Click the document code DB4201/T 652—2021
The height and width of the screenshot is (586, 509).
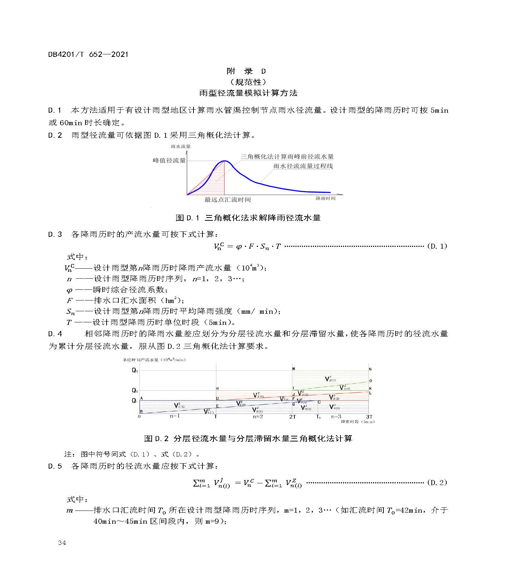click(x=88, y=54)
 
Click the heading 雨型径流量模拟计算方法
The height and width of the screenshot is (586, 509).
click(x=248, y=93)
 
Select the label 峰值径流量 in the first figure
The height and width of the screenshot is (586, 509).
click(x=169, y=160)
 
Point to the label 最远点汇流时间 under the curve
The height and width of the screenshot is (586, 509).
click(x=227, y=200)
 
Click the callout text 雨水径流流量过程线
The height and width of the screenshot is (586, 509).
click(x=303, y=166)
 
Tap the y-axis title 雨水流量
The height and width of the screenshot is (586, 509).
click(x=181, y=146)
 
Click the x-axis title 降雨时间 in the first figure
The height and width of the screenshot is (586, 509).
click(x=326, y=198)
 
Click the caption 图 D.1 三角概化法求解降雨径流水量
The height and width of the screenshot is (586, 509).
click(x=248, y=218)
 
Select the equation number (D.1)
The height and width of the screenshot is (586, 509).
click(x=437, y=246)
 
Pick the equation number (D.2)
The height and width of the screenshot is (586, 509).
click(x=437, y=483)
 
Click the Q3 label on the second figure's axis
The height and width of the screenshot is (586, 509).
click(x=134, y=371)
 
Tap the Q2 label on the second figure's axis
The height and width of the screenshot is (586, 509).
click(x=134, y=390)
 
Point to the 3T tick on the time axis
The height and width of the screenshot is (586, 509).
click(x=369, y=417)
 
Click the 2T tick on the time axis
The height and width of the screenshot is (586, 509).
click(x=293, y=417)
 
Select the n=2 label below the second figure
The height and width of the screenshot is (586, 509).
click(x=258, y=416)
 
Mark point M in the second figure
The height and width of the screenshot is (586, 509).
click(x=293, y=369)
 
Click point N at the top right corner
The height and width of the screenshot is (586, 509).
click(x=370, y=369)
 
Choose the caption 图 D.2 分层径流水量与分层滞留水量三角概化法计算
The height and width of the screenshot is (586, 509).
click(x=248, y=438)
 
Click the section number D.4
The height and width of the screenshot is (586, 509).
click(x=55, y=334)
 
